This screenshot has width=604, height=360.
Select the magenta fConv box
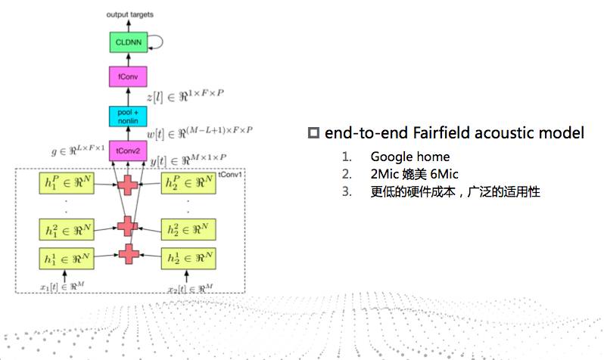[128, 78]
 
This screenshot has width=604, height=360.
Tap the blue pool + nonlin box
[128, 116]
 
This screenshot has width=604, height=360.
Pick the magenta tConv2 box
[128, 151]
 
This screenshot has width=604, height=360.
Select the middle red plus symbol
[128, 225]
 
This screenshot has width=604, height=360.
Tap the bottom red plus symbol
[128, 254]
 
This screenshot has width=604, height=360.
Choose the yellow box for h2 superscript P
[189, 184]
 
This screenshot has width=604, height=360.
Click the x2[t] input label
[190, 287]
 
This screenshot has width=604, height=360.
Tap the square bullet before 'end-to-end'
[313, 134]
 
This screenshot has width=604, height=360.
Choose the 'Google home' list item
[409, 157]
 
